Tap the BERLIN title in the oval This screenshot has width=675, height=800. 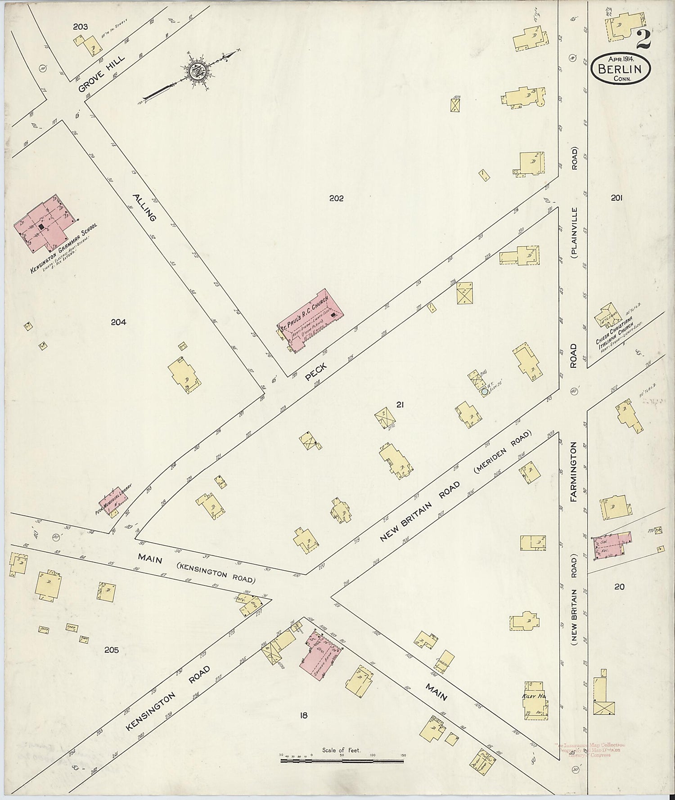click(x=623, y=69)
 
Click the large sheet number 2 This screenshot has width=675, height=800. click(x=643, y=40)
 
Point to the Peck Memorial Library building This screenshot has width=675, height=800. click(x=113, y=501)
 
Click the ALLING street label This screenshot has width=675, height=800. click(x=144, y=207)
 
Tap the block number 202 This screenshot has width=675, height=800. click(x=337, y=198)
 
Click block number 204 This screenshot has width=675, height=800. click(x=119, y=322)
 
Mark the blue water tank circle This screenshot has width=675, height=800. click(x=484, y=392)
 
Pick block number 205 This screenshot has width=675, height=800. click(x=111, y=650)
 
